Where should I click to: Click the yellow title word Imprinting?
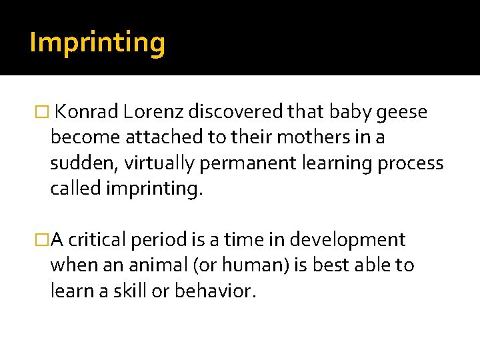(97, 43)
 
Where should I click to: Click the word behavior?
(213, 290)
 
